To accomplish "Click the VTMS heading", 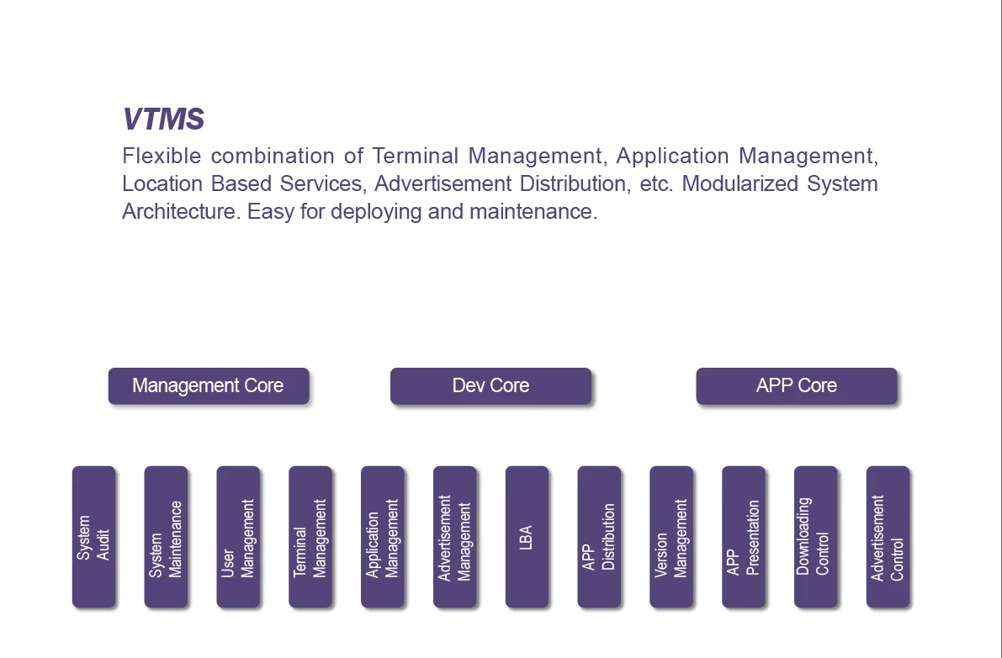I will pyautogui.click(x=163, y=119).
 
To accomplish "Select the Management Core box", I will pyautogui.click(x=209, y=386).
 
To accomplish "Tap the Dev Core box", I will pyautogui.click(x=490, y=386).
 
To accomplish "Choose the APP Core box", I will pyautogui.click(x=796, y=386).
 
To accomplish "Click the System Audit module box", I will pyautogui.click(x=93, y=537).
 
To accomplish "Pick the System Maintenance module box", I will pyautogui.click(x=166, y=537).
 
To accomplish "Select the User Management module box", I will pyautogui.click(x=238, y=537).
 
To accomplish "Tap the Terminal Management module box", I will pyautogui.click(x=310, y=537).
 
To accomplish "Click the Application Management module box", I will pyautogui.click(x=383, y=537).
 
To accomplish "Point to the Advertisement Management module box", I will pyautogui.click(x=455, y=537).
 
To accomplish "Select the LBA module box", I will pyautogui.click(x=527, y=537).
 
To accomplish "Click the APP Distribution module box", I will pyautogui.click(x=599, y=537).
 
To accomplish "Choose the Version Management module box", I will pyautogui.click(x=671, y=537).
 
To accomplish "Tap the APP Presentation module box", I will pyautogui.click(x=744, y=537).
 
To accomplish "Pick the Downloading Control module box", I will pyautogui.click(x=816, y=537).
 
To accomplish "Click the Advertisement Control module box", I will pyautogui.click(x=888, y=537).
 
